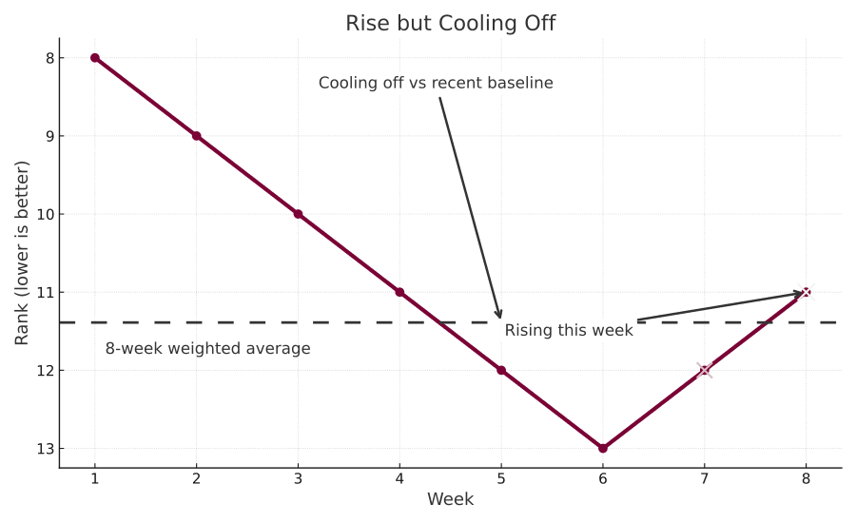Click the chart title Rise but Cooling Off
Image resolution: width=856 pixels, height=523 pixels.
pyautogui.click(x=450, y=24)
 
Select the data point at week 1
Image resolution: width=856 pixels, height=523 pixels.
pyautogui.click(x=95, y=58)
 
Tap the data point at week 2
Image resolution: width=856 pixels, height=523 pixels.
pyautogui.click(x=196, y=136)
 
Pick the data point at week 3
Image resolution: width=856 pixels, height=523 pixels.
pyautogui.click(x=298, y=214)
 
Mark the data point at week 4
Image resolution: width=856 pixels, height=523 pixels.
pyautogui.click(x=399, y=292)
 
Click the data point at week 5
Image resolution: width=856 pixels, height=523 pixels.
pyautogui.click(x=501, y=370)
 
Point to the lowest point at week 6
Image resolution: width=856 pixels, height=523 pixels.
pyautogui.click(x=603, y=448)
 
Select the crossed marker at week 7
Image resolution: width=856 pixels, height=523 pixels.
pyautogui.click(x=705, y=370)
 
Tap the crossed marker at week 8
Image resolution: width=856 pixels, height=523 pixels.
pyautogui.click(x=807, y=292)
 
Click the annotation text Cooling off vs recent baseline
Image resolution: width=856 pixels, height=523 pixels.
pyautogui.click(x=436, y=84)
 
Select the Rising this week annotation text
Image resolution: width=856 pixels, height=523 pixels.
pyautogui.click(x=569, y=331)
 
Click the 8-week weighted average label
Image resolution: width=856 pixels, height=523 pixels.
pyautogui.click(x=207, y=349)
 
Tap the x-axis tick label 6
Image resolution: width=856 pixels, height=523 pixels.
pyautogui.click(x=603, y=480)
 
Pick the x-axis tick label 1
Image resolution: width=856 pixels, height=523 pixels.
pyautogui.click(x=95, y=480)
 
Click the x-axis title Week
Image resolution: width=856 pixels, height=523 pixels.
pyautogui.click(x=450, y=500)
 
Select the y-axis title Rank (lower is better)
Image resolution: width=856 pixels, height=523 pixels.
pyautogui.click(x=22, y=253)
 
